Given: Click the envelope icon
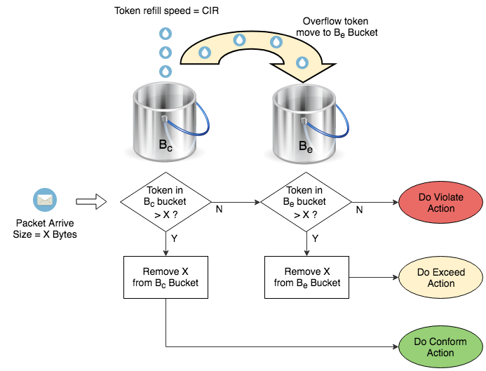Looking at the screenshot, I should coord(45,201).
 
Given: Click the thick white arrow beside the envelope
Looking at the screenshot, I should coord(90,202).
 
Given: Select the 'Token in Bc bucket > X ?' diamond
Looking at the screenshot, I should coord(166,202).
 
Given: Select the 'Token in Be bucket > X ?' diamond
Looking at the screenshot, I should coord(306,202).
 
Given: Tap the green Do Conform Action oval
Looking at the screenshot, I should coord(440,346).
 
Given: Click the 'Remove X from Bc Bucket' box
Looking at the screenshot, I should coord(166,277).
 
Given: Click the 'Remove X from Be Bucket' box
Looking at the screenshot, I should coord(306,277).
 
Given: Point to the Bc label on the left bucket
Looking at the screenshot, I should coord(166,147).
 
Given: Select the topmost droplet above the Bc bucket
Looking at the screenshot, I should coord(166,33).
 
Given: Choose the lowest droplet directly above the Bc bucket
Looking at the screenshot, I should coord(166,71).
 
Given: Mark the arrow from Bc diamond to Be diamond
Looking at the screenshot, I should coord(236,202).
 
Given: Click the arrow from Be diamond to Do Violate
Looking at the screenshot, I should coord(374,202).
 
